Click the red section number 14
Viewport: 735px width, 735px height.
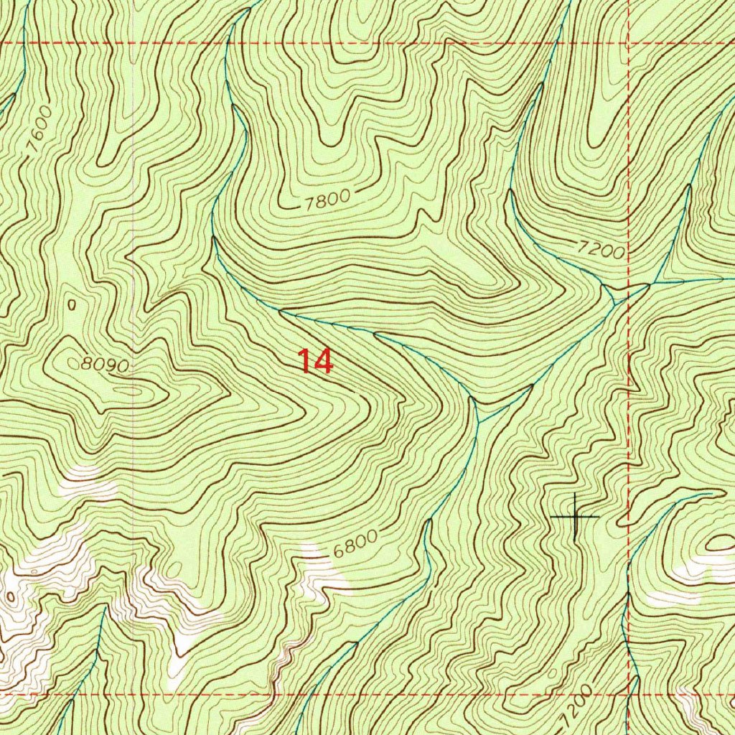click(316, 361)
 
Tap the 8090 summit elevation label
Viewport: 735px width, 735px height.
click(105, 365)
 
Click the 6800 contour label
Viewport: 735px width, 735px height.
click(355, 545)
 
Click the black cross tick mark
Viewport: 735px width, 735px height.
click(575, 515)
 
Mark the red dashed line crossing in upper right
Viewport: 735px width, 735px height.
click(629, 43)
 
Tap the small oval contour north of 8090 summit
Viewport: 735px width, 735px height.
click(71, 304)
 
